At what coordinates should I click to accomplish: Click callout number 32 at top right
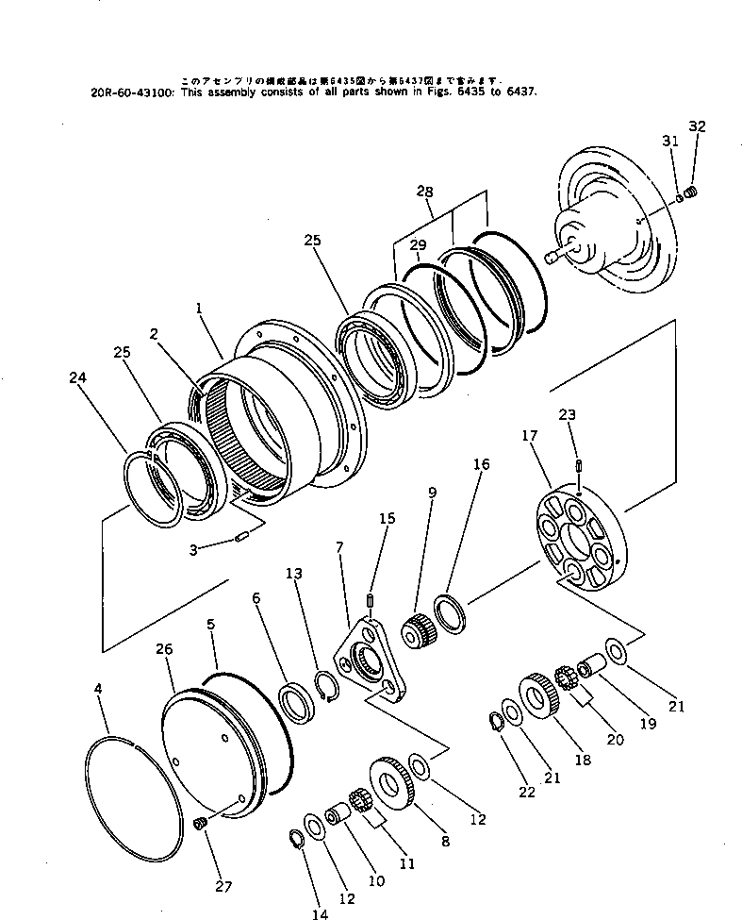[697, 125]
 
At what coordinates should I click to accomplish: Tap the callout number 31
[670, 141]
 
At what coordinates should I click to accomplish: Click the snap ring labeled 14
[294, 836]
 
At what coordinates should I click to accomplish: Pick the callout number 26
[164, 650]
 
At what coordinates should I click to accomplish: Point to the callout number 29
[419, 245]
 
